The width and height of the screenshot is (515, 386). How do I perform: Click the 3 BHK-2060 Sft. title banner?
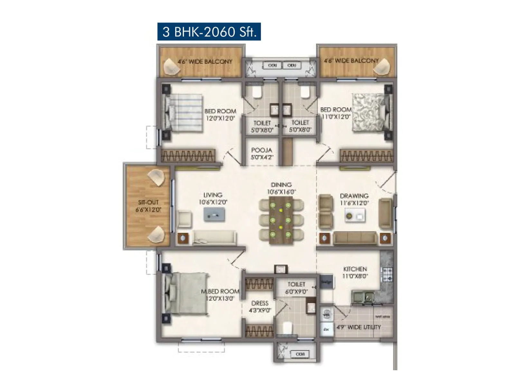coord(209,32)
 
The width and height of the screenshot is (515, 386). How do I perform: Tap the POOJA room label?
coord(261,150)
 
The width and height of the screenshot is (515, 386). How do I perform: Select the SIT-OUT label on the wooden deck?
coord(148,203)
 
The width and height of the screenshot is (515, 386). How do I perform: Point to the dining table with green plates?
coord(281,220)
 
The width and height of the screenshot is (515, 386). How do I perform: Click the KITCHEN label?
coord(355,269)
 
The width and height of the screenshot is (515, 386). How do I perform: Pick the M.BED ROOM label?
coord(220,291)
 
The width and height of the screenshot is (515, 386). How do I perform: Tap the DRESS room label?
coord(260,303)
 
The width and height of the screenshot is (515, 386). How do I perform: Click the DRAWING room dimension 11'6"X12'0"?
coord(354,203)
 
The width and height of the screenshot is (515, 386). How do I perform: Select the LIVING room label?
coord(213,195)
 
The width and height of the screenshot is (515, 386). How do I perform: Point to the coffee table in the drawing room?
coord(355,216)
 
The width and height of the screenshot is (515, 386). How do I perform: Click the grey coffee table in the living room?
coord(214,215)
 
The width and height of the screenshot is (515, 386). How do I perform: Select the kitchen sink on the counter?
coord(363,296)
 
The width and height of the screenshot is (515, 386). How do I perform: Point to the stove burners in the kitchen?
coord(387,274)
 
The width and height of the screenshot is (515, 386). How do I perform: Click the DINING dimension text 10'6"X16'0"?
coord(281,192)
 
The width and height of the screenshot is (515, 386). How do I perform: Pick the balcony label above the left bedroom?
coord(205,61)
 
